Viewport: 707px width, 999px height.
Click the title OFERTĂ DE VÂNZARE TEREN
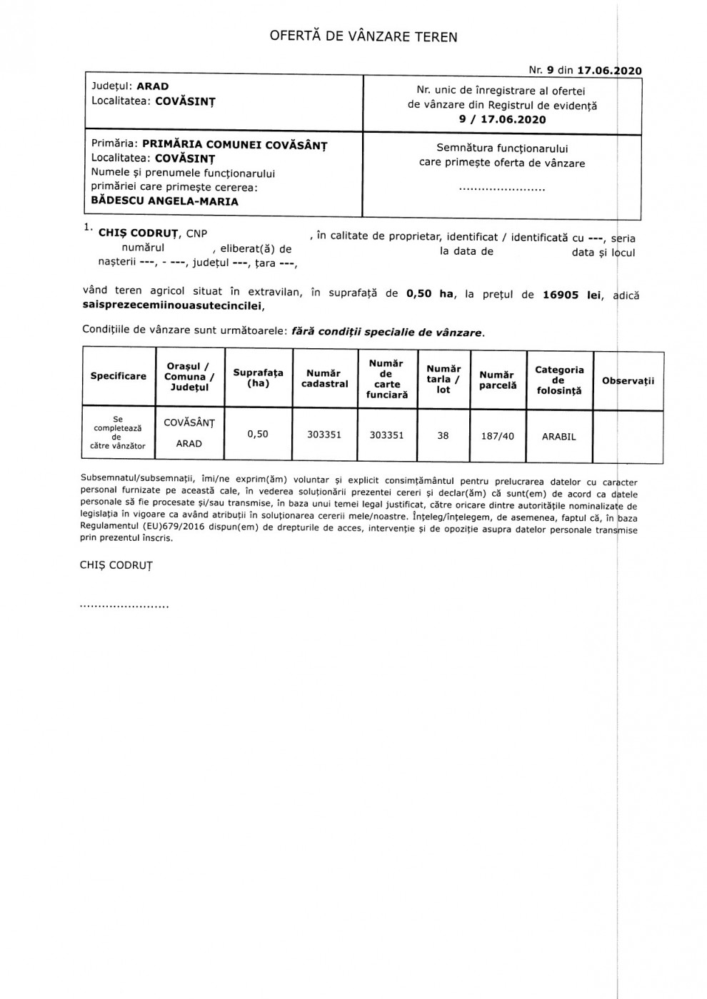(363, 36)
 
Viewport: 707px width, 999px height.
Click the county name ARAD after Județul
(153, 86)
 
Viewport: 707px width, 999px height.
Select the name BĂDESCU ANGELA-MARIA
(165, 201)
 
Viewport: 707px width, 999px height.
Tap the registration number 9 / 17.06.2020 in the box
(502, 120)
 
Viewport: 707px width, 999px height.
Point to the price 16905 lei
(571, 295)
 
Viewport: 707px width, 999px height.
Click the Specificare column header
(119, 376)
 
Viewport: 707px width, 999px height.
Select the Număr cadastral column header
(325, 378)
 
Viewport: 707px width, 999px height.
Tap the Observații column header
(628, 380)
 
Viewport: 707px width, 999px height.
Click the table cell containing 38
(443, 435)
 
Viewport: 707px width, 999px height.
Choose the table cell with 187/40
(498, 435)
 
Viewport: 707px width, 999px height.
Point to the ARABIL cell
(558, 436)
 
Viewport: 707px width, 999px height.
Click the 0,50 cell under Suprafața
(258, 434)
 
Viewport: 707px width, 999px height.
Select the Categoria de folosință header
(559, 380)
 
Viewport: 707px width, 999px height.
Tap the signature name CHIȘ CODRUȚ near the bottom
(116, 565)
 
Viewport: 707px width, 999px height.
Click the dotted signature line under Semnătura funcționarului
(501, 189)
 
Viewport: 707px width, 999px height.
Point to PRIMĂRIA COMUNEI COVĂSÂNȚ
(235, 144)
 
